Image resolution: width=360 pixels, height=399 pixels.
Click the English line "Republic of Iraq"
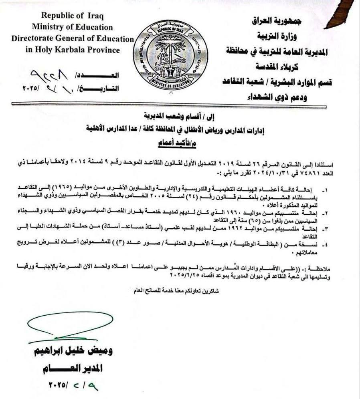[x=73, y=16]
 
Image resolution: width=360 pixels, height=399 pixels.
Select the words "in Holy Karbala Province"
[x=72, y=50]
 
